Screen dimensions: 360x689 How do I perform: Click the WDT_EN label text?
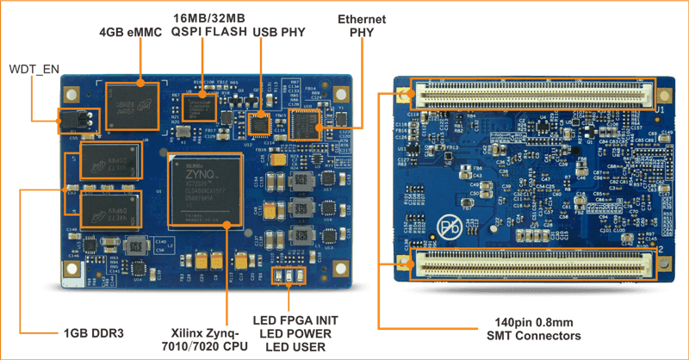32,69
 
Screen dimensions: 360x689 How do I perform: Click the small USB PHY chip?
258,125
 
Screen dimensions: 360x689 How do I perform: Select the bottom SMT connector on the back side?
531,264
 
